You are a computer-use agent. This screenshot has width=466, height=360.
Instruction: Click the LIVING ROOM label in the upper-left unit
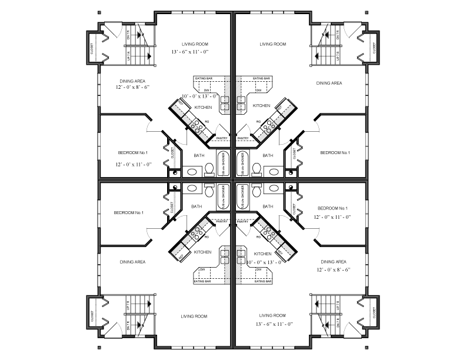click(195, 44)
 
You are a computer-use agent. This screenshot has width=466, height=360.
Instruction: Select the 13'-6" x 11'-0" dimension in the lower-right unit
click(274, 324)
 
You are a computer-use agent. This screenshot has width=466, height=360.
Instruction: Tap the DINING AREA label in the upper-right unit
click(329, 84)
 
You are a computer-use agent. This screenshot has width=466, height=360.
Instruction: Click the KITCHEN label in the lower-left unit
click(203, 252)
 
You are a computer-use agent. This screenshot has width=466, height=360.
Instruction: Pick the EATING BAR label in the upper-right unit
click(262, 78)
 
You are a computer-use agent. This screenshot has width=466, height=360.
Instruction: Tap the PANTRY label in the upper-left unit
click(222, 138)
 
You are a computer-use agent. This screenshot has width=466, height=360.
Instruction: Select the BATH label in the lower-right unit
click(268, 206)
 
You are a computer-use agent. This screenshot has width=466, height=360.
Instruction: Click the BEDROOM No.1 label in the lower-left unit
click(129, 212)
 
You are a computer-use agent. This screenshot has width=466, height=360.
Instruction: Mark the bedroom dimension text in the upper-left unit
click(134, 164)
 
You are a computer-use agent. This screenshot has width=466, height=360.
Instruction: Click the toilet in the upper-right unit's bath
click(256, 169)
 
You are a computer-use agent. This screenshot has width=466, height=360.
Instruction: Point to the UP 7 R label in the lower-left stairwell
click(128, 306)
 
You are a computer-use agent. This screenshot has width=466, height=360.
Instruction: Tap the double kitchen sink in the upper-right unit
click(242, 104)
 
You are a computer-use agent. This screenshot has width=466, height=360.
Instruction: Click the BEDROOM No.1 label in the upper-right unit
click(335, 153)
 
